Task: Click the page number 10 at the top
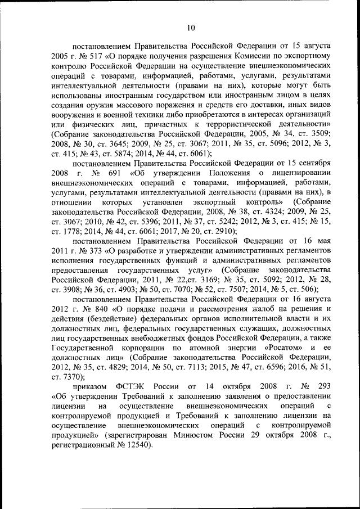pos(191,26)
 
